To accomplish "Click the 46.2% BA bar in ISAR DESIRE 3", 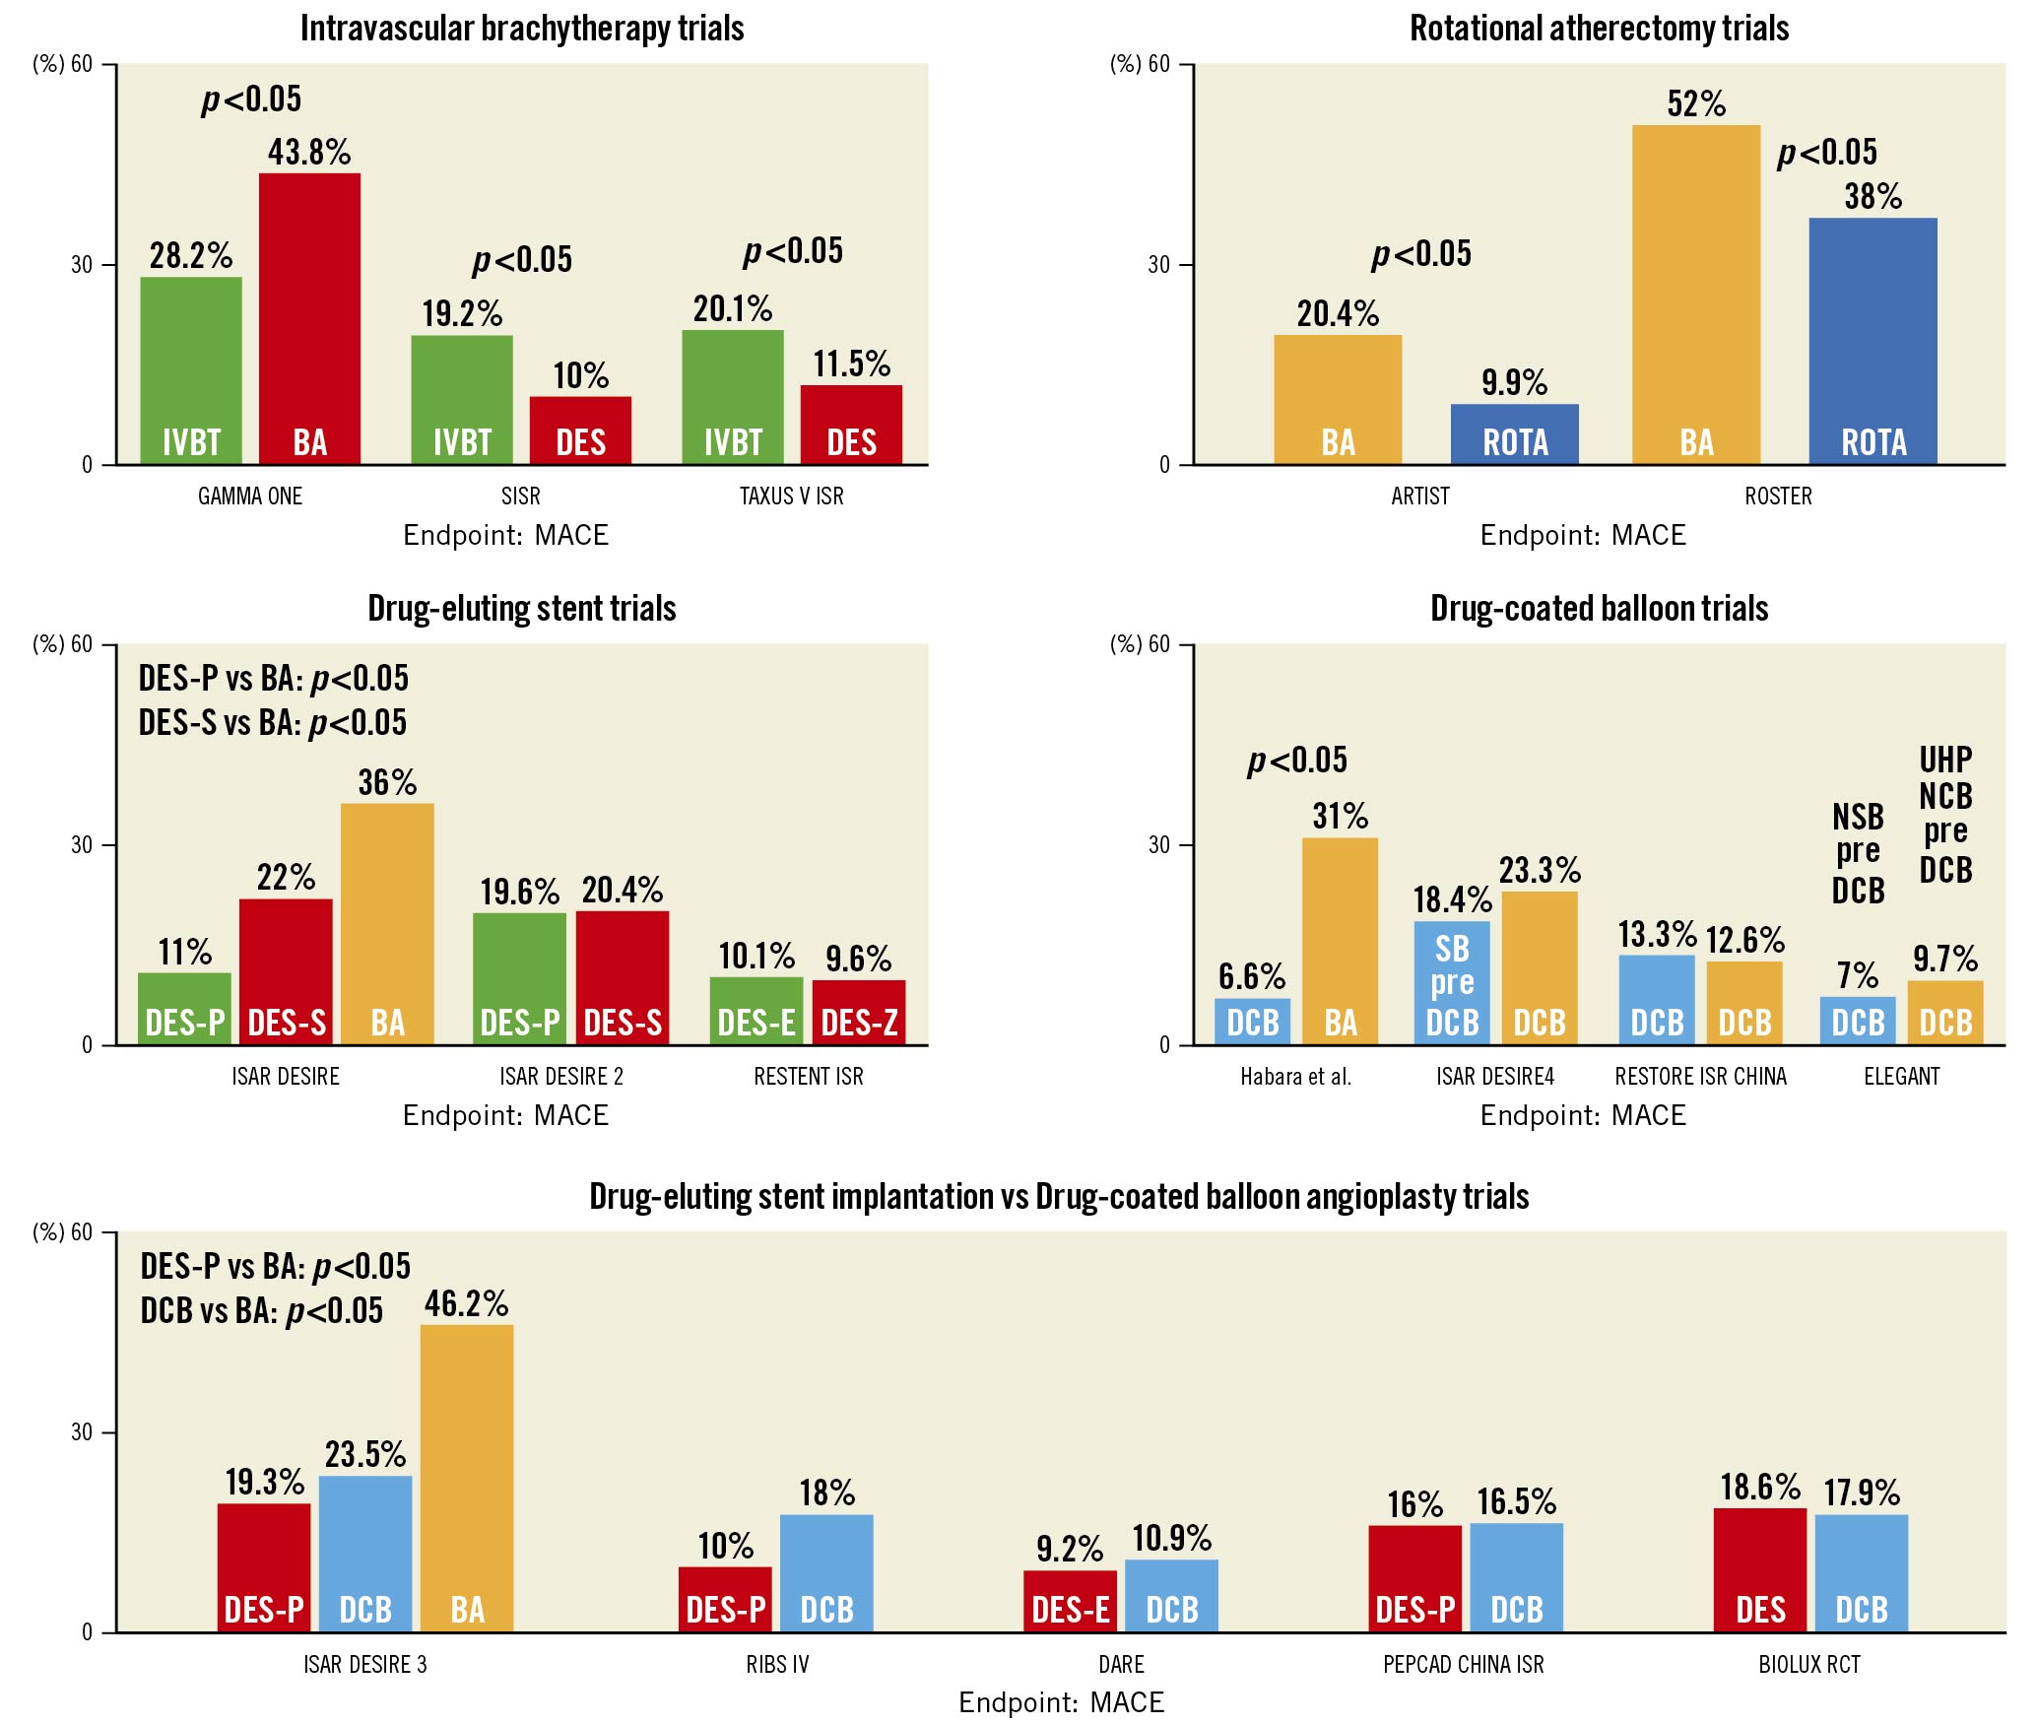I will [x=467, y=1478].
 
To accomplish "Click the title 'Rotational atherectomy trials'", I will [x=1599, y=29].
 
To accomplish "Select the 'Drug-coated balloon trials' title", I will [x=1599, y=609].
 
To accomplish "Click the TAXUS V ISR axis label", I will [x=791, y=497].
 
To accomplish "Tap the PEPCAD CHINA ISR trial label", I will [x=1463, y=1664].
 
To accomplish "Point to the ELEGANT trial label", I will [x=1901, y=1077].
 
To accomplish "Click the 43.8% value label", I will [x=309, y=152].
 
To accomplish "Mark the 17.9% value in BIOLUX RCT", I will [x=1861, y=1493].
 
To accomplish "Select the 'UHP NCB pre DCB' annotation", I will [x=1945, y=815].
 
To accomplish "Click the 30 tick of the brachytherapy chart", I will [x=81, y=265].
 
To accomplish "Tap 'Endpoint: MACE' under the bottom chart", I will [x=1061, y=1702].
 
